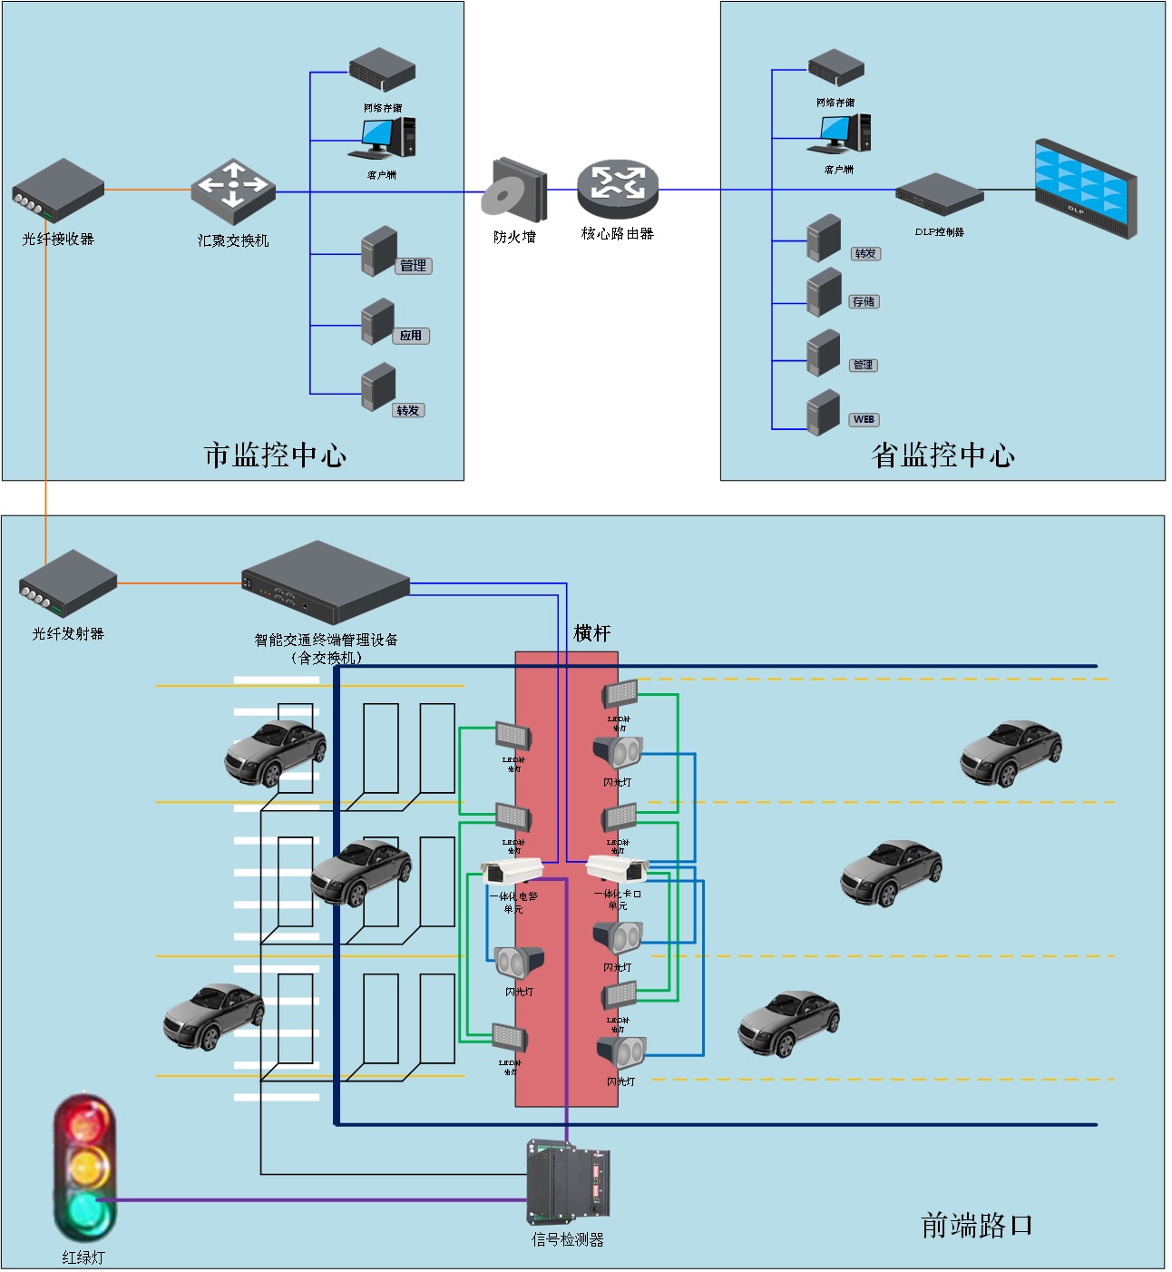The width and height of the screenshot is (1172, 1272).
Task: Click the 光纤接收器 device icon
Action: (x=58, y=191)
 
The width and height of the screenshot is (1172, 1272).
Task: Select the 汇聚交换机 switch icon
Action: (x=233, y=191)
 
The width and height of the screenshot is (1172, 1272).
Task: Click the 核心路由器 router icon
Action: (x=617, y=185)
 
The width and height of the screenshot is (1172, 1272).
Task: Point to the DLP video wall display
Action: (x=1086, y=188)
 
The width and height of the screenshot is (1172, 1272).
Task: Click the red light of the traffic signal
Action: (x=84, y=1123)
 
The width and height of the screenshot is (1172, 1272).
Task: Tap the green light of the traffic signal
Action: (x=84, y=1211)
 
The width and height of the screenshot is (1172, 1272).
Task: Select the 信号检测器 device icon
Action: (x=569, y=1181)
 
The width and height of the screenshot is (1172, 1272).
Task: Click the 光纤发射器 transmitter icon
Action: (x=68, y=583)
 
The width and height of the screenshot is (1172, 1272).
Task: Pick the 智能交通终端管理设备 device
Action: (x=325, y=582)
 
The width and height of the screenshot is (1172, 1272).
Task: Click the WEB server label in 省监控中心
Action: (x=864, y=419)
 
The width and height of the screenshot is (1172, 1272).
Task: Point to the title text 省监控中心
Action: (x=942, y=455)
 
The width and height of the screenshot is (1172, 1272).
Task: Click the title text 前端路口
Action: (x=976, y=1225)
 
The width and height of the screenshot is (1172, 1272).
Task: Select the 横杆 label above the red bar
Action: (x=592, y=633)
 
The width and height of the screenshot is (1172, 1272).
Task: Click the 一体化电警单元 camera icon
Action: (x=512, y=872)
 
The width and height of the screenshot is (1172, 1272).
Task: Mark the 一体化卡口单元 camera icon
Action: (x=618, y=868)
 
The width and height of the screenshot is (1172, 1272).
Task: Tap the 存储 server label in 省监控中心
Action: (x=864, y=301)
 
